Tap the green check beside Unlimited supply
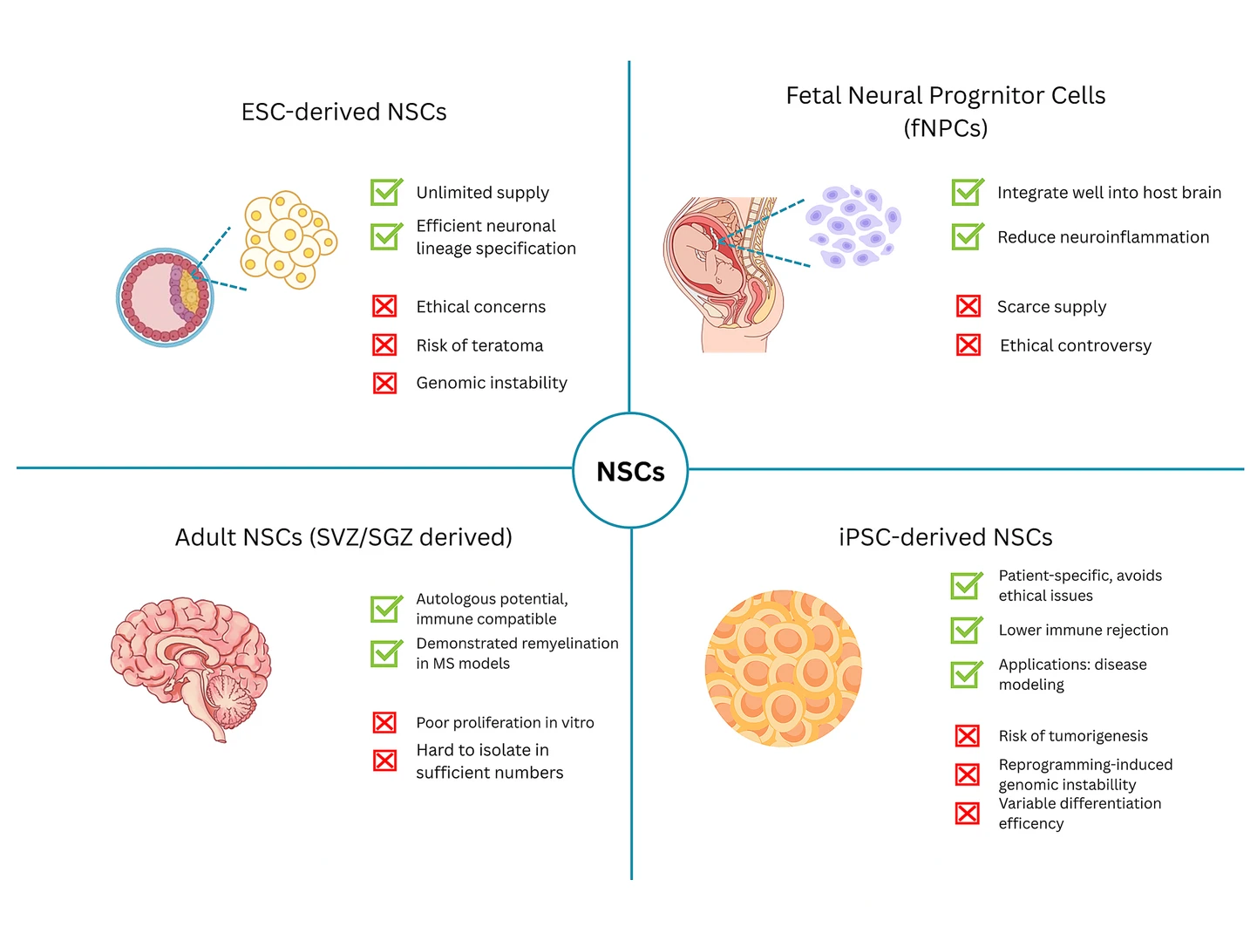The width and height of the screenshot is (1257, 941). (x=386, y=191)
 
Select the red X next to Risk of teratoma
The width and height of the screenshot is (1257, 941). (x=384, y=344)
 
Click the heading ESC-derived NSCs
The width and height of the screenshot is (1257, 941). (x=343, y=112)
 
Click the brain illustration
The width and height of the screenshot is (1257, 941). (x=191, y=667)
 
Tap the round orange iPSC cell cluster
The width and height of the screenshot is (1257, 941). (x=782, y=668)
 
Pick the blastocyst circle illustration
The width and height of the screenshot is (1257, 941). (x=165, y=297)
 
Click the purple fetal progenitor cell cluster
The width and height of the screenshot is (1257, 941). (x=853, y=226)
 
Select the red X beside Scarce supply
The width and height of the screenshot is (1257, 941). (x=968, y=306)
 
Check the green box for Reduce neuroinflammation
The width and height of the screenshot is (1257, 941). (x=968, y=236)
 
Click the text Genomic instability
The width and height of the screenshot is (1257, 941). (x=492, y=383)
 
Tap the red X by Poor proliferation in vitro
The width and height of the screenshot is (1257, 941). (x=384, y=722)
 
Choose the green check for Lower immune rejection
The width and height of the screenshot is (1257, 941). (x=966, y=630)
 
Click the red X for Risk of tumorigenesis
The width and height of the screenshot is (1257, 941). (x=967, y=735)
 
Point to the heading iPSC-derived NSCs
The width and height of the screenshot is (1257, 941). (x=945, y=537)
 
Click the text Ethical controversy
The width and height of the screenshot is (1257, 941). (x=1075, y=345)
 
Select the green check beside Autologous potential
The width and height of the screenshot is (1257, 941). (x=386, y=608)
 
